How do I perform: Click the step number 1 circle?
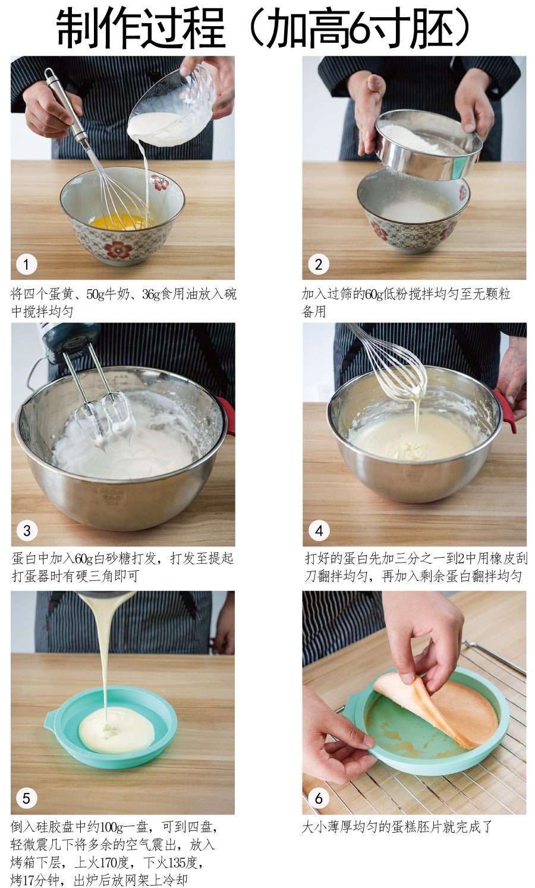click(27, 264)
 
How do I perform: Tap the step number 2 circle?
click(319, 264)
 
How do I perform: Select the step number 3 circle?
click(27, 530)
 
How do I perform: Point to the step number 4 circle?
click(319, 530)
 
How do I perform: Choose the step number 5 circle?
click(27, 798)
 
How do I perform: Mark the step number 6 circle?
click(319, 798)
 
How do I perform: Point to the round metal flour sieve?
click(428, 145)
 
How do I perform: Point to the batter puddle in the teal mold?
click(117, 730)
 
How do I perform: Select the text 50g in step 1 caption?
click(95, 294)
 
